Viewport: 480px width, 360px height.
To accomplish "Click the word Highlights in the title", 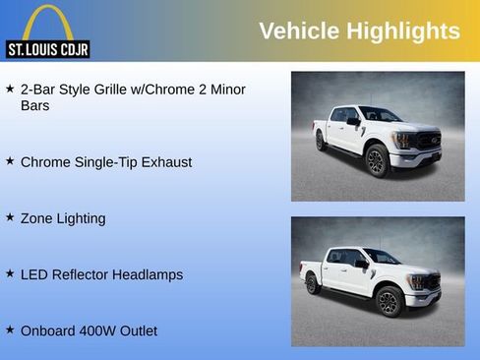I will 402,30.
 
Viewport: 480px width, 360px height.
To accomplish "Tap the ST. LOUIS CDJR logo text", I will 48,48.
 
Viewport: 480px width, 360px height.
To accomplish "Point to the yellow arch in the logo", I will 47,22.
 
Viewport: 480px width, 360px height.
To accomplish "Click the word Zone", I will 37,217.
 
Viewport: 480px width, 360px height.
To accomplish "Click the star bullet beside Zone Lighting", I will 10,216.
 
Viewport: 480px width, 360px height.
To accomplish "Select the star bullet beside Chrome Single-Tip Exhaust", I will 10,160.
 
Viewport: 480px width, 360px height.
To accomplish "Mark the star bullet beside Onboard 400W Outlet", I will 10,330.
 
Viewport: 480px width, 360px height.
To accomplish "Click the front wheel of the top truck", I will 378,159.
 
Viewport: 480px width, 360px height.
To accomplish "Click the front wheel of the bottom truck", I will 390,300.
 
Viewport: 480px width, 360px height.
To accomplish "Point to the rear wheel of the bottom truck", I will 314,284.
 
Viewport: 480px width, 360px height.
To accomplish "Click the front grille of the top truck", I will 429,141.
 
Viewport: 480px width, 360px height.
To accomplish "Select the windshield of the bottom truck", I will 382,257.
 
